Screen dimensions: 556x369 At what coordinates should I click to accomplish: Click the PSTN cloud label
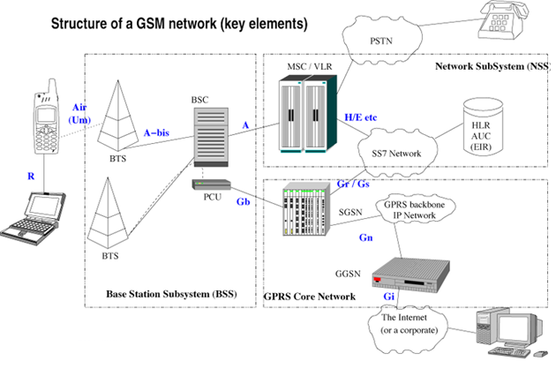click(381, 41)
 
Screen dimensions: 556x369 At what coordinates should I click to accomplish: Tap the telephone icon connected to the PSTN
click(503, 20)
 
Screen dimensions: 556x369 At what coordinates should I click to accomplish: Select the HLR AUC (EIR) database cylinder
click(483, 126)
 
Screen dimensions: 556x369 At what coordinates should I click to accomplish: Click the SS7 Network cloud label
click(396, 154)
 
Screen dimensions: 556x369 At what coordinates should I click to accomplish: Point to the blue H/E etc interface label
click(361, 117)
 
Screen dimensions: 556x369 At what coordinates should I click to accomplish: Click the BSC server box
click(211, 137)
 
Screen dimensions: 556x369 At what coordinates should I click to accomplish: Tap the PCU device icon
click(211, 184)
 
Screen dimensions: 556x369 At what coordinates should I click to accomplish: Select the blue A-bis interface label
click(156, 132)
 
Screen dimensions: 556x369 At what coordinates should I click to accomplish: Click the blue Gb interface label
click(244, 201)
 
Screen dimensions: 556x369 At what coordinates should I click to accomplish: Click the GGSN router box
click(410, 275)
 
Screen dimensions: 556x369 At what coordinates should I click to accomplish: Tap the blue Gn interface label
click(366, 237)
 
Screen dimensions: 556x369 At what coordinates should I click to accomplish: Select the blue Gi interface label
click(388, 297)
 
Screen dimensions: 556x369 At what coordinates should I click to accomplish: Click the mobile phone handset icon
click(46, 117)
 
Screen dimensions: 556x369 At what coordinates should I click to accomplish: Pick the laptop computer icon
click(33, 218)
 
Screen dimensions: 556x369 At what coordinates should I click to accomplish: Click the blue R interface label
click(31, 176)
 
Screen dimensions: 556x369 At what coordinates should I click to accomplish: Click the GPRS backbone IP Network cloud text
click(414, 210)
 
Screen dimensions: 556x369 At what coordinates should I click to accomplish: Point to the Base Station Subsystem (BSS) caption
click(171, 294)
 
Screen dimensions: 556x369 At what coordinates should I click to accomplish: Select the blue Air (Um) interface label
click(79, 114)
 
